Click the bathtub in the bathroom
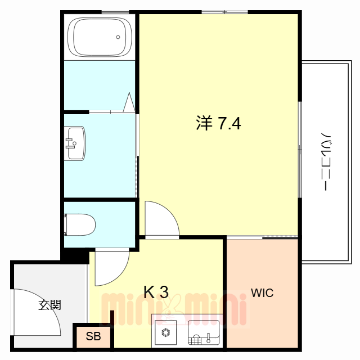[100, 36]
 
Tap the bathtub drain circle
[118, 38]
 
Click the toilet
[82, 224]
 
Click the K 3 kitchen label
[156, 292]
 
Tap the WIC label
[262, 293]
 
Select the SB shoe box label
[93, 337]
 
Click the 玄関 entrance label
[50, 305]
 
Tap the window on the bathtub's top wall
[115, 11]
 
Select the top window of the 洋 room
[224, 11]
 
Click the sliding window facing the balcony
[300, 149]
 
